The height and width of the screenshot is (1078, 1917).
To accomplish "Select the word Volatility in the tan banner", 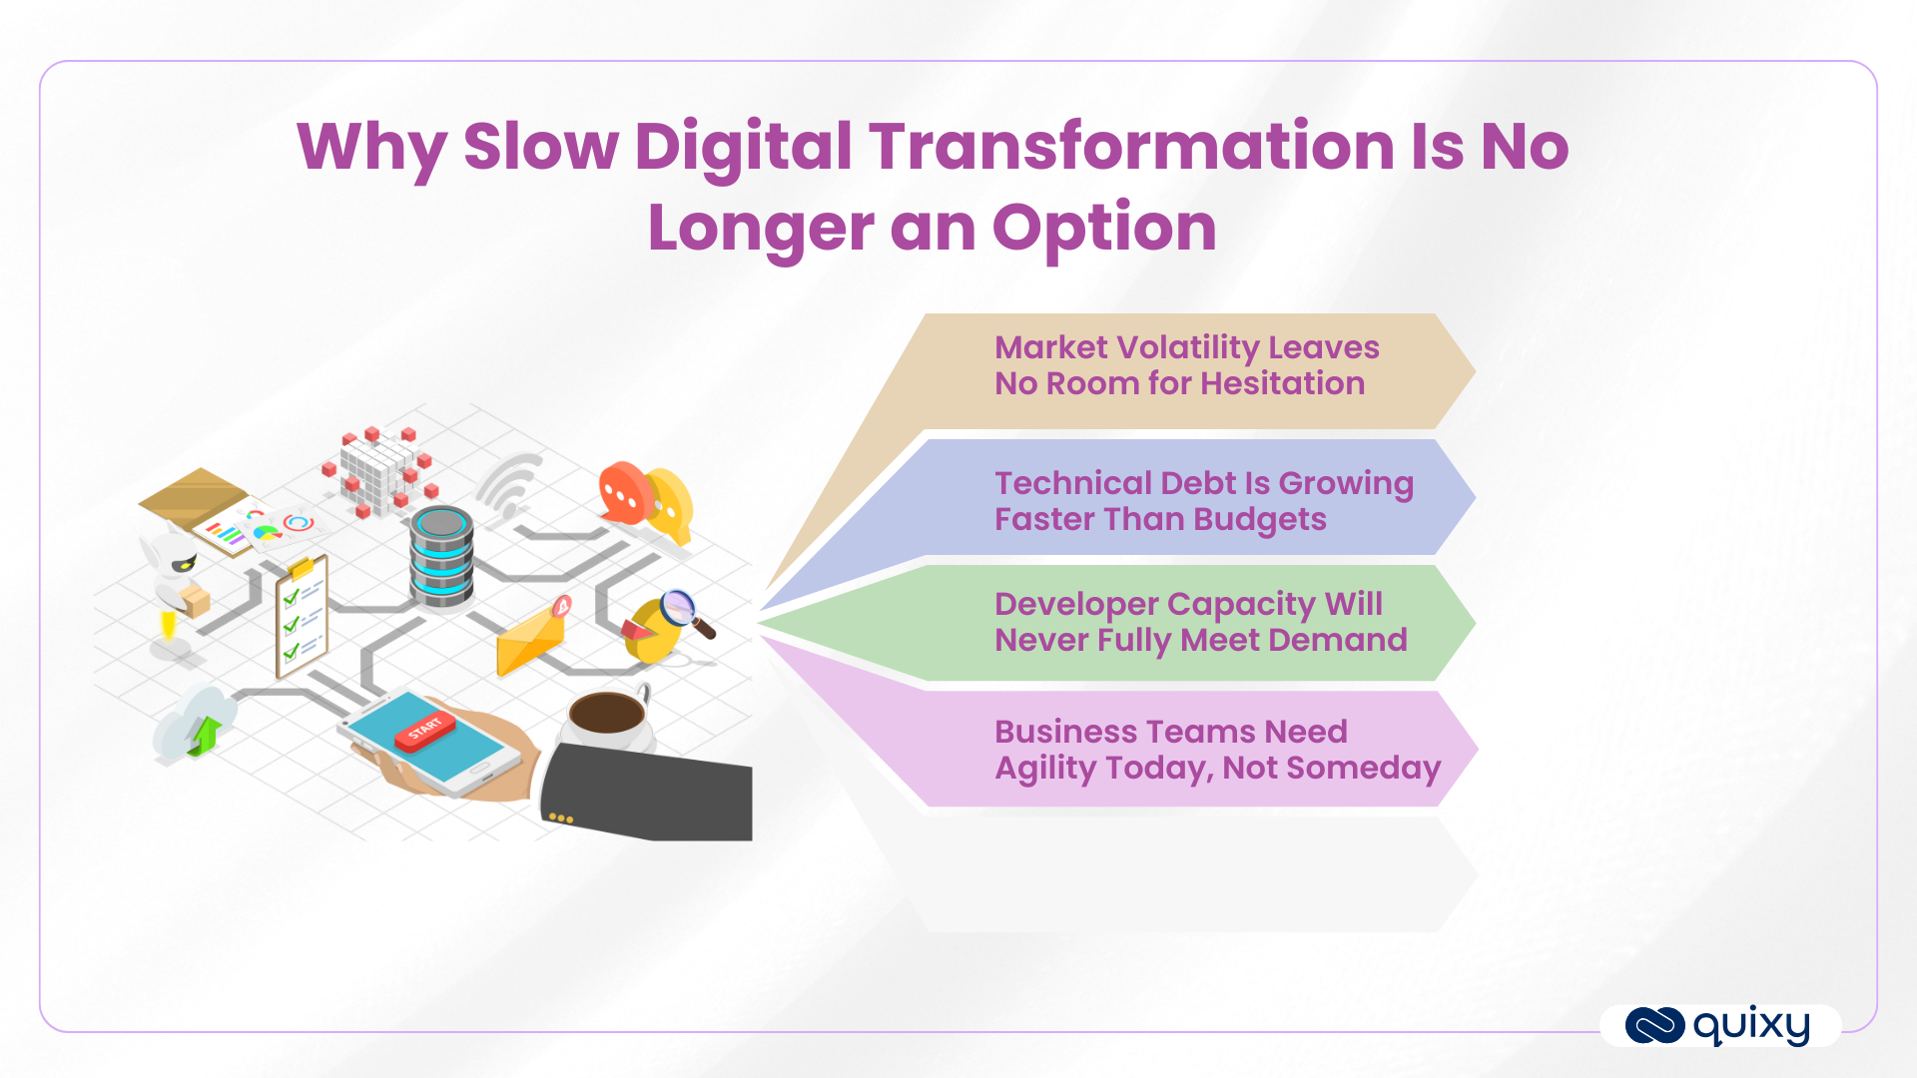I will click(x=1188, y=347).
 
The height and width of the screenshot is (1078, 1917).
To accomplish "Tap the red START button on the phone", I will click(x=425, y=731).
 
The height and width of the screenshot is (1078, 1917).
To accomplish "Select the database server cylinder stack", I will click(x=441, y=557).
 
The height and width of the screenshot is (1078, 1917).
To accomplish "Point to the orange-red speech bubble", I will click(x=624, y=492).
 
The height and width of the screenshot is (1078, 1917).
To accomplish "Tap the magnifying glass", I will click(x=685, y=612).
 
